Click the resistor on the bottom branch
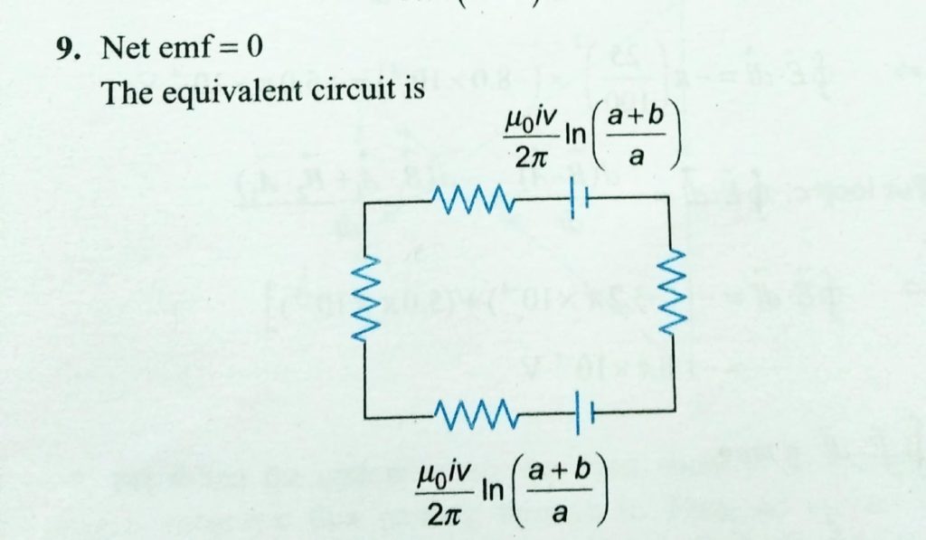(474, 415)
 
